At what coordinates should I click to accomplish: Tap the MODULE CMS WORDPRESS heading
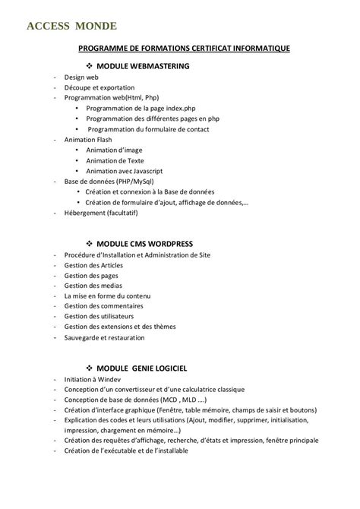[x=145, y=243]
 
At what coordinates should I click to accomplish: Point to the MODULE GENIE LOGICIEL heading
[x=142, y=368]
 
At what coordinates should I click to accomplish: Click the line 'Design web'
[x=81, y=77]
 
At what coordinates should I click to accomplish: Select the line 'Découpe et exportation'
[x=99, y=87]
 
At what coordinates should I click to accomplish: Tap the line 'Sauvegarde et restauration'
[x=106, y=337]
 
